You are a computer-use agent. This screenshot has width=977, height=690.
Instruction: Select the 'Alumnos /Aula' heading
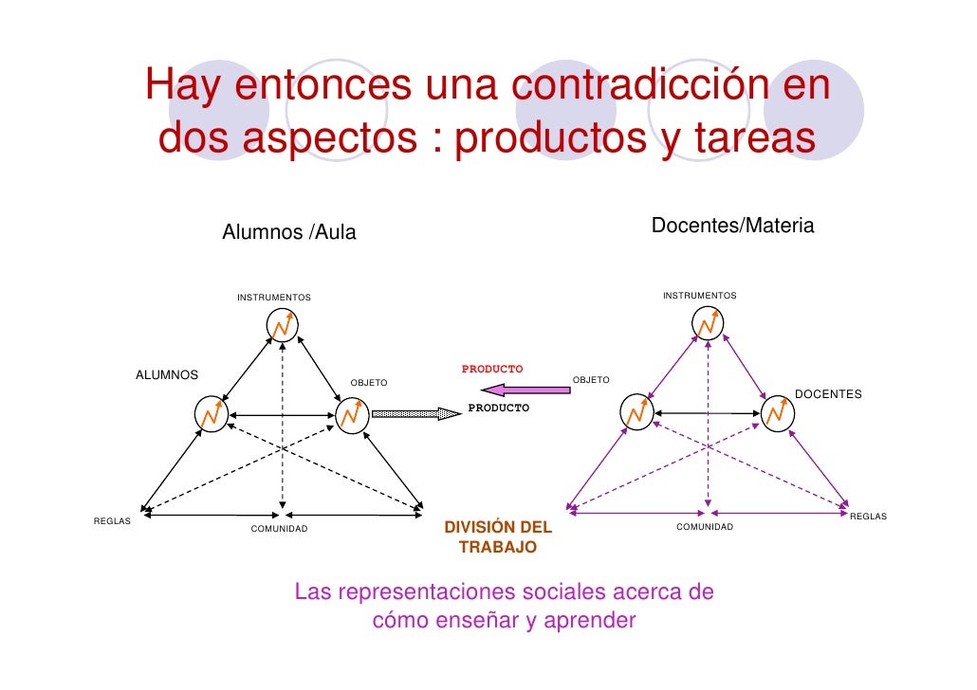pos(288,233)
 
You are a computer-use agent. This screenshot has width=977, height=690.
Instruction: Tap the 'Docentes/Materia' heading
pos(732,227)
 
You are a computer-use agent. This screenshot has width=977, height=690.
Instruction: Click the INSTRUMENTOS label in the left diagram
pos(273,298)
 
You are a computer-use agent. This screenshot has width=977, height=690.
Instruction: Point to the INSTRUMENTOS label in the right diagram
pos(699,297)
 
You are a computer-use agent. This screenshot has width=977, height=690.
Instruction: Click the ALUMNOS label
pos(167,375)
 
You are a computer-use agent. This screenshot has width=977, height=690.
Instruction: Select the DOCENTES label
pos(828,393)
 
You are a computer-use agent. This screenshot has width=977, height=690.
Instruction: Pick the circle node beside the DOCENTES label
pos(778,413)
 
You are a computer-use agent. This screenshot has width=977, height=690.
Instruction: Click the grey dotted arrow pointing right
pos(415,413)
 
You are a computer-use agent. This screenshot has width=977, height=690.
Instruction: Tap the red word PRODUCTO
pos(492,368)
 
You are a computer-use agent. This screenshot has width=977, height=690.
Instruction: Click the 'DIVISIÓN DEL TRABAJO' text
pos(498,537)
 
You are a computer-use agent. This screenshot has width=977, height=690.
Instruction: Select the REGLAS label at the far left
pos(112,520)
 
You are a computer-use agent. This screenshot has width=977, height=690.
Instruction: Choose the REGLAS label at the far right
pos(867,517)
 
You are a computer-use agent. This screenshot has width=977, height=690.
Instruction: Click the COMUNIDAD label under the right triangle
pos(704,526)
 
